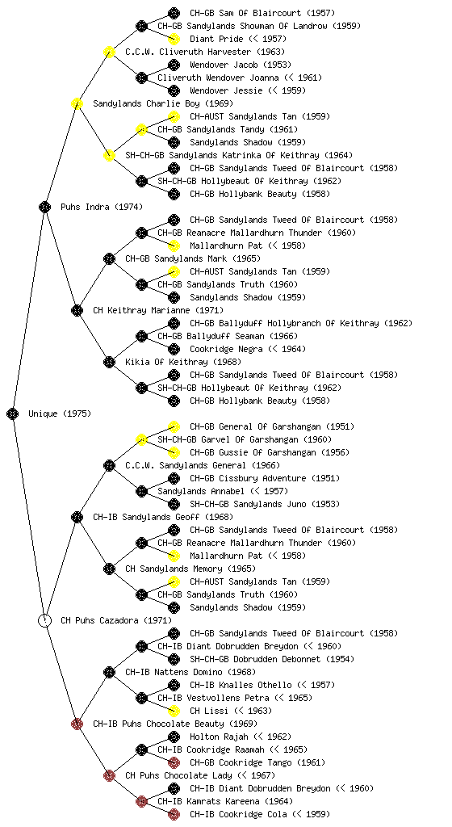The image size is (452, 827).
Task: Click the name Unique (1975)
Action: tap(60, 413)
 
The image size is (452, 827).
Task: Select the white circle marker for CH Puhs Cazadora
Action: tap(44, 620)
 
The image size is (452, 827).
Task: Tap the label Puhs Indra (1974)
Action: tap(101, 207)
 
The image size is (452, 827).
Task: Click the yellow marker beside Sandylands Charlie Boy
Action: tap(77, 103)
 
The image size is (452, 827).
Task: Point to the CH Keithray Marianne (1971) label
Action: tap(158, 310)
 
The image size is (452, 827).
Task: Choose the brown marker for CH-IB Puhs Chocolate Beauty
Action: tap(77, 724)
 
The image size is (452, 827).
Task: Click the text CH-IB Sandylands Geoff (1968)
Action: tap(163, 517)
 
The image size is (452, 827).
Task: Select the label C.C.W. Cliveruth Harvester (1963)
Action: tap(205, 52)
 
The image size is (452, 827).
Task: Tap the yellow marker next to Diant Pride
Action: tap(174, 39)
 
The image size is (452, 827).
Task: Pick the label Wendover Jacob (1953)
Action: tap(241, 65)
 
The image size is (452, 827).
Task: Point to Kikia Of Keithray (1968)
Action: tap(182, 362)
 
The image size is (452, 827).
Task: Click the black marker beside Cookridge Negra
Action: tap(174, 349)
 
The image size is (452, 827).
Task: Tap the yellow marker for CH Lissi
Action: tap(174, 711)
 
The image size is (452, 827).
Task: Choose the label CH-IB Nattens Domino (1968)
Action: tap(190, 672)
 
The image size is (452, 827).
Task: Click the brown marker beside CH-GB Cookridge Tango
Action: tap(174, 762)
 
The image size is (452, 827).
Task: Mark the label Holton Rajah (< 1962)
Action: tap(241, 737)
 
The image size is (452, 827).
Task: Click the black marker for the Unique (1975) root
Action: tap(13, 413)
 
